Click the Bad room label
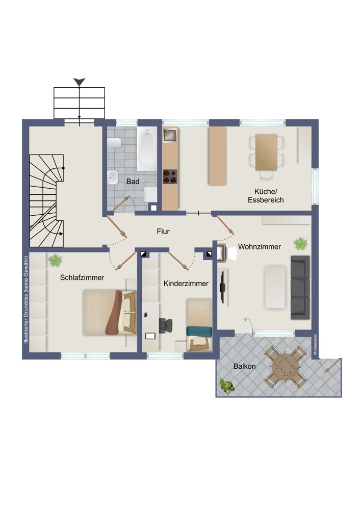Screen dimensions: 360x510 (133, 182)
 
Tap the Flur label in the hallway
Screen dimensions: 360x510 (163, 231)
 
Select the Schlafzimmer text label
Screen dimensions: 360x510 (82, 277)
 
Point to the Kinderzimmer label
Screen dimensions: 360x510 (186, 283)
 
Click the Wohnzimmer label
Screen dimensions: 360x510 (259, 246)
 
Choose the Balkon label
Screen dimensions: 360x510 (245, 366)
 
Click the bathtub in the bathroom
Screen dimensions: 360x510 (147, 148)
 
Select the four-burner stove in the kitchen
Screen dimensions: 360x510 (170, 176)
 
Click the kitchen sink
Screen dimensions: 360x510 (170, 135)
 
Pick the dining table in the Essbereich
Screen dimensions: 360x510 (266, 152)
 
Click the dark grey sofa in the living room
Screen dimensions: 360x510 (300, 287)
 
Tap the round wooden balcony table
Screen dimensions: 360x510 (286, 367)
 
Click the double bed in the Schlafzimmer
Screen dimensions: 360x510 (109, 312)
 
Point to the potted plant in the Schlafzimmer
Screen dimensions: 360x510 (55, 261)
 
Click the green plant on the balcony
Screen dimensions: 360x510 (226, 386)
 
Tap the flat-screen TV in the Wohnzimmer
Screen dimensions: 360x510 (222, 287)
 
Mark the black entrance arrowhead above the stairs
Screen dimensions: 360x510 (79, 82)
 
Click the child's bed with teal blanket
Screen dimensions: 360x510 (199, 325)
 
